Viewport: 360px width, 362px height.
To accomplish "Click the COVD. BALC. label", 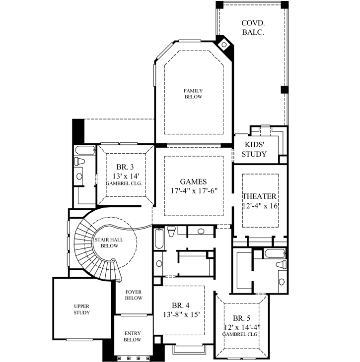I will click(x=252, y=27).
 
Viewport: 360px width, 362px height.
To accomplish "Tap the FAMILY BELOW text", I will click(x=193, y=94).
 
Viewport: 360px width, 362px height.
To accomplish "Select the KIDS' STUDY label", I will click(x=254, y=149).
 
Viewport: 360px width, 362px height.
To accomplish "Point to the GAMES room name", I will click(x=193, y=181).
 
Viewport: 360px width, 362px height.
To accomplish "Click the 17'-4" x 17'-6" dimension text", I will click(x=193, y=190).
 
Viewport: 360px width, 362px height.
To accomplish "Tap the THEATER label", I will click(x=259, y=196).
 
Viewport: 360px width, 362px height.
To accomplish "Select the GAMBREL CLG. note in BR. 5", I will click(x=241, y=335).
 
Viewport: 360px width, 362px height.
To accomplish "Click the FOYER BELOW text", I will click(x=134, y=295).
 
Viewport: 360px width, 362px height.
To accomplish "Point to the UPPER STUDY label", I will click(x=81, y=309).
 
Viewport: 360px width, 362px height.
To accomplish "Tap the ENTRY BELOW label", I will click(x=133, y=336).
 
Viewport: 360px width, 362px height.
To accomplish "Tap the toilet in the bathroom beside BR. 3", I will click(x=79, y=161).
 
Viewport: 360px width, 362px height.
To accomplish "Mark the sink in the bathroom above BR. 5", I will click(x=282, y=281).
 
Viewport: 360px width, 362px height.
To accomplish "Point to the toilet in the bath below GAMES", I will click(x=171, y=231).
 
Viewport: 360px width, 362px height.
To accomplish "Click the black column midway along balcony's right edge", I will click(x=284, y=89).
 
